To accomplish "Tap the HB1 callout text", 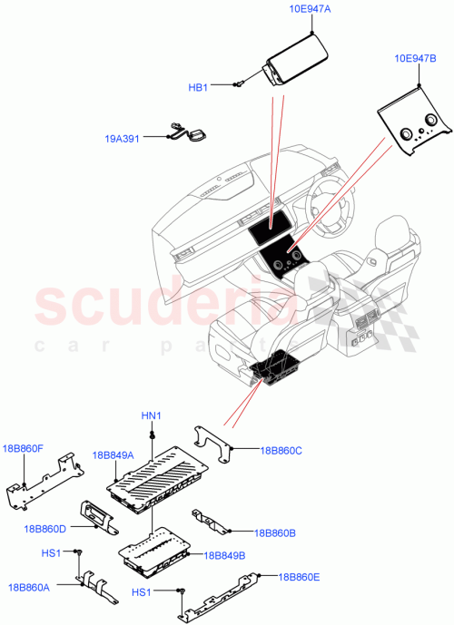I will click(198, 87).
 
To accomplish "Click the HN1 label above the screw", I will click(151, 415).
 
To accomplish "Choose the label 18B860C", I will click(281, 449).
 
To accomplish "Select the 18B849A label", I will click(113, 454).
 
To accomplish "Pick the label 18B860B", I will click(276, 532).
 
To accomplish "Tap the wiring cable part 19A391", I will click(186, 132).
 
